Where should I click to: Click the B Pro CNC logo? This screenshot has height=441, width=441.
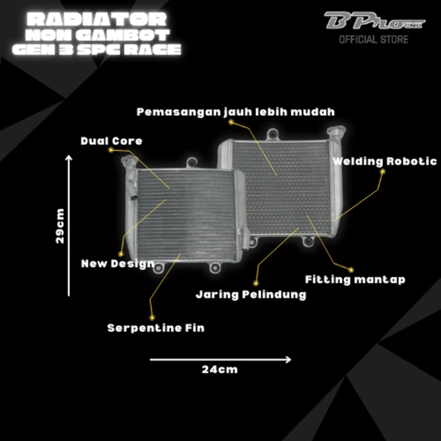coord(374,21)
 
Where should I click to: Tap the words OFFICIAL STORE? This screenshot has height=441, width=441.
coord(373,39)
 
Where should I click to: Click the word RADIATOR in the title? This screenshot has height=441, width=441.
coord(97,19)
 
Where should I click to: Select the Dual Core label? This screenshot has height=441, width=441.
coord(112,141)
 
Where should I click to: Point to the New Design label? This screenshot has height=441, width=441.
coord(118,264)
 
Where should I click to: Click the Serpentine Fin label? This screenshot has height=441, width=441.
coord(156,328)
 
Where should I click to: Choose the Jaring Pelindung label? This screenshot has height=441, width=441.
coord(251,295)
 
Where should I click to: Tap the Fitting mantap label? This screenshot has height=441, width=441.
coord(356,280)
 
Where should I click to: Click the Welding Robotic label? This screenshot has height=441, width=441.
coord(384,161)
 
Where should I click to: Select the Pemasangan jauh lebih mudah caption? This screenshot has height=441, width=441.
coord(236,112)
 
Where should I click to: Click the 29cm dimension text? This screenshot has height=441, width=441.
coord(60,226)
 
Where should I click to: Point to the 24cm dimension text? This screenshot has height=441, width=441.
coord(220,369)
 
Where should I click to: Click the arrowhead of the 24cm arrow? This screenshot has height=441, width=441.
coord(289,360)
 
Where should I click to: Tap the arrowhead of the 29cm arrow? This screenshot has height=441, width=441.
coord(69,157)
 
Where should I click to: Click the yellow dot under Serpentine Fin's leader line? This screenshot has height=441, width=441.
coord(152,318)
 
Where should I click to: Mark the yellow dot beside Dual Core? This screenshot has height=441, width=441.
coord(111,150)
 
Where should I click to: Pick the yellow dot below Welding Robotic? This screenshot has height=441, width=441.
coord(382,172)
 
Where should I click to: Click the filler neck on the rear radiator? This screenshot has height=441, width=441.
coord(336,132)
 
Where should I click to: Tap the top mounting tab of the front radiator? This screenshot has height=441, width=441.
coord(192,163)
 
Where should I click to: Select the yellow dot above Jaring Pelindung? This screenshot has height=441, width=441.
coord(256,283)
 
